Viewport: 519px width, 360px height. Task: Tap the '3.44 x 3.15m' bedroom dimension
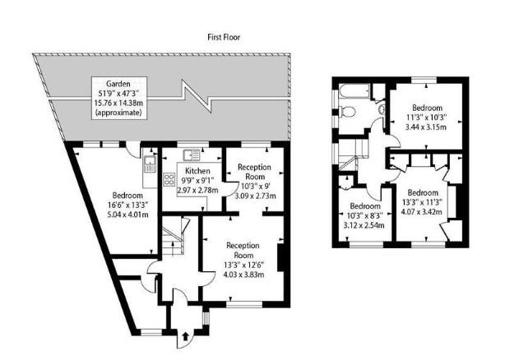[x=427, y=127]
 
